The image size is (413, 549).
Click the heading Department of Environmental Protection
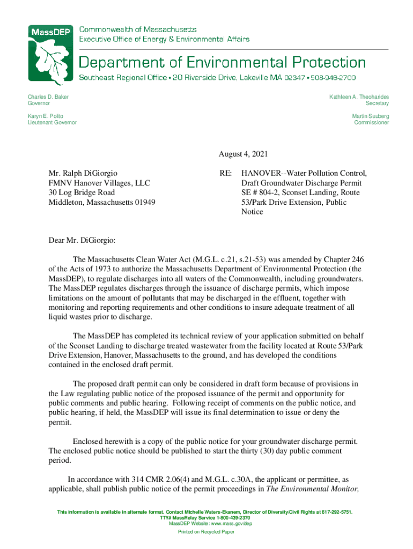[223, 62]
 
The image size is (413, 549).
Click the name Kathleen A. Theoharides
[359, 97]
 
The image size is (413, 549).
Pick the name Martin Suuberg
[370, 116]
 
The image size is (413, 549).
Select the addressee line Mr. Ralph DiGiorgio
[83, 173]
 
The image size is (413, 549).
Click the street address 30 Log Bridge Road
[82, 192]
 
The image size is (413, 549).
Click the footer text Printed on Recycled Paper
[206, 532]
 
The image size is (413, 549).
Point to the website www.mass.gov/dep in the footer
[224, 524]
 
